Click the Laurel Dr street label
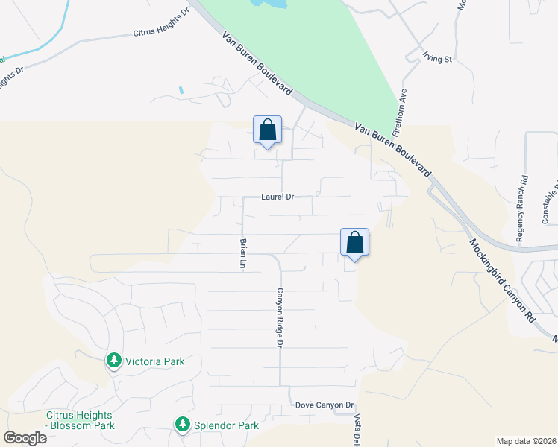(278, 197)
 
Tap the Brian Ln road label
(243, 253)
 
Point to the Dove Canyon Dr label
(324, 405)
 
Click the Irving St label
(438, 57)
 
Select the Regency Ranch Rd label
(524, 199)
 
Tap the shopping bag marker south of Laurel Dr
(355, 243)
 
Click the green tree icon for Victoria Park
(114, 361)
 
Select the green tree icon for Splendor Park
(182, 425)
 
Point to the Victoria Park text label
(154, 361)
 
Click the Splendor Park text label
(225, 425)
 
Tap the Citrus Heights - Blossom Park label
(80, 420)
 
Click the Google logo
(25, 438)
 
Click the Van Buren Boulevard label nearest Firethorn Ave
(392, 149)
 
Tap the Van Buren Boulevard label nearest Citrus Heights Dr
(256, 63)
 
